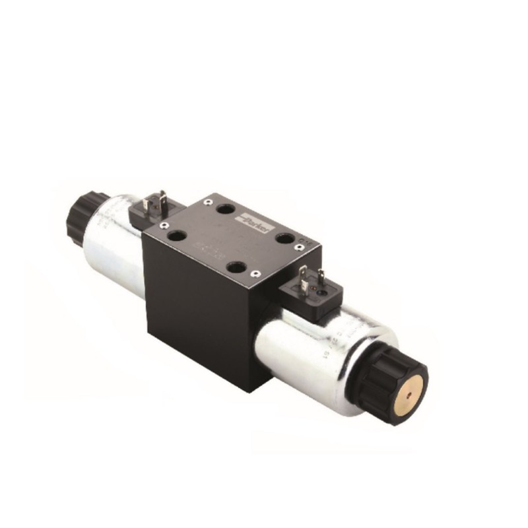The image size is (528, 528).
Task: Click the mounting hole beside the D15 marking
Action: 284,238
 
